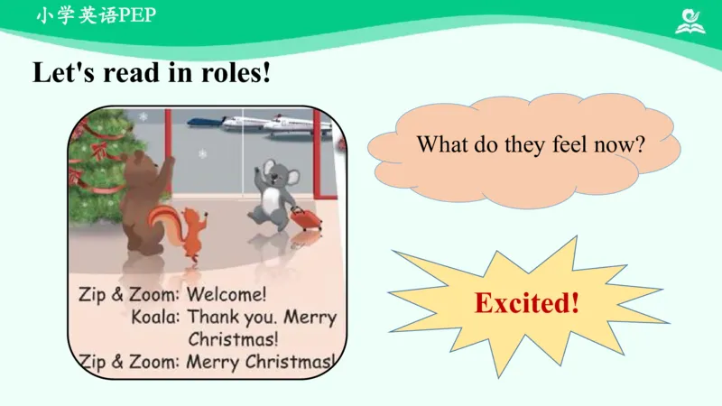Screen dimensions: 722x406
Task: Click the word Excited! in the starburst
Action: (527, 303)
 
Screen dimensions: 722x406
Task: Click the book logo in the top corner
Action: (690, 21)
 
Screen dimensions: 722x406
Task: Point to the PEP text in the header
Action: (138, 15)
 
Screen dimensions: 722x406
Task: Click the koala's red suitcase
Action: (305, 218)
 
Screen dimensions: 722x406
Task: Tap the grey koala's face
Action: (275, 174)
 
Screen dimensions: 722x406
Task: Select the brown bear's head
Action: (140, 165)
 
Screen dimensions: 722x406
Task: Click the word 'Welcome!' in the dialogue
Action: (227, 294)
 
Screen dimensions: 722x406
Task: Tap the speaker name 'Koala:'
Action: (155, 318)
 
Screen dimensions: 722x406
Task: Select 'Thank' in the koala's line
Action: (213, 318)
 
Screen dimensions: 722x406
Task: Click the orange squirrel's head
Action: (192, 217)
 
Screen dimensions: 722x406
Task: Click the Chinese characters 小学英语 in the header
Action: (78, 15)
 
